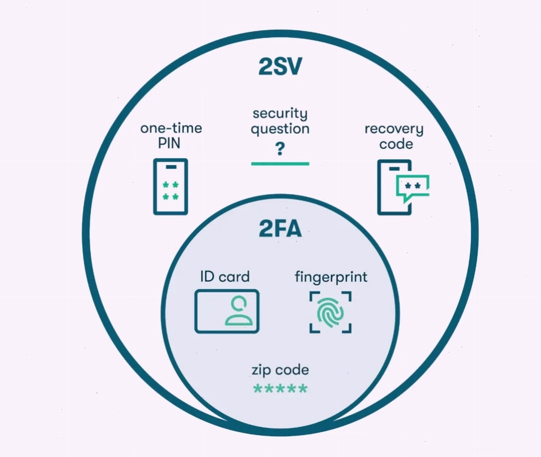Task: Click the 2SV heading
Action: pyautogui.click(x=280, y=67)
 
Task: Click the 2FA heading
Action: pyautogui.click(x=280, y=228)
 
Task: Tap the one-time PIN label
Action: pyautogui.click(x=171, y=135)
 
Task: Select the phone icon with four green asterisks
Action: pyautogui.click(x=170, y=187)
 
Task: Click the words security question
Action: pyautogui.click(x=280, y=121)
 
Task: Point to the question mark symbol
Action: pyautogui.click(x=280, y=149)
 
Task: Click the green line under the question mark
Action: pyautogui.click(x=280, y=163)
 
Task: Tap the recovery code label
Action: pyautogui.click(x=394, y=136)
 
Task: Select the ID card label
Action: pyautogui.click(x=224, y=277)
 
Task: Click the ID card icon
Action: pyautogui.click(x=226, y=312)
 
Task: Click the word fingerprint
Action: pyautogui.click(x=331, y=278)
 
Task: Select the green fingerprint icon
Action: pyautogui.click(x=330, y=312)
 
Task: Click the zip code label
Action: pyautogui.click(x=280, y=370)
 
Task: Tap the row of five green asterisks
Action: pyautogui.click(x=280, y=389)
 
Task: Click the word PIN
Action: pyautogui.click(x=169, y=143)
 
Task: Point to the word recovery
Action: pyautogui.click(x=394, y=129)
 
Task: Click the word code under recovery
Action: pyautogui.click(x=396, y=144)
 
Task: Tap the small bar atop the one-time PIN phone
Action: pyautogui.click(x=171, y=167)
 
